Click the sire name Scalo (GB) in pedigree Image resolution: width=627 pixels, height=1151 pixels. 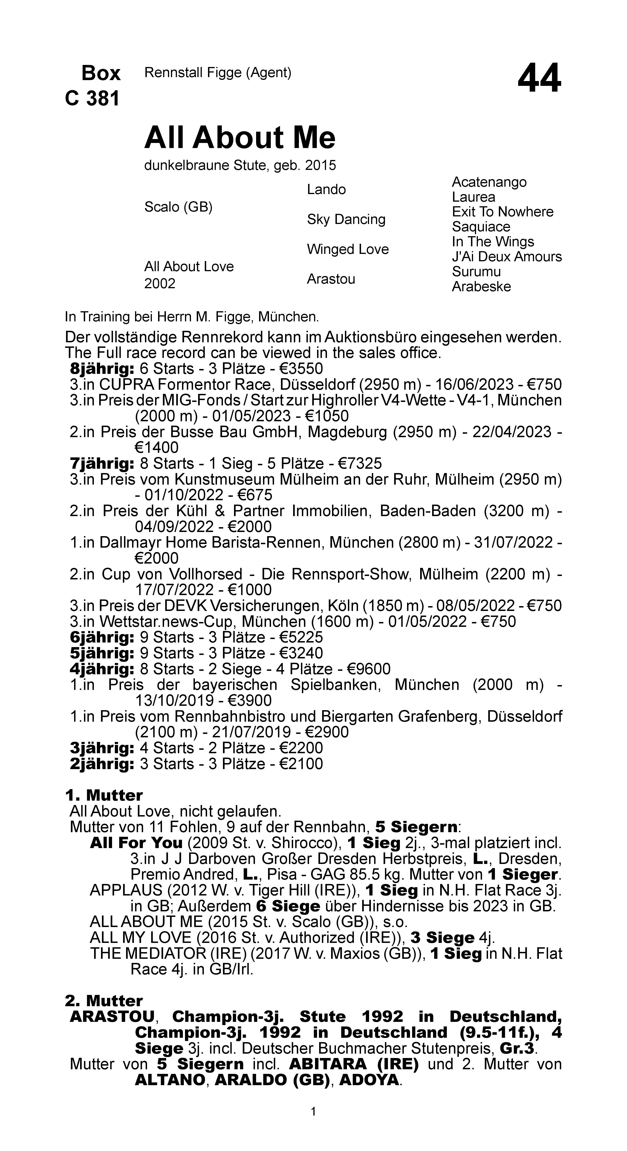[178, 207]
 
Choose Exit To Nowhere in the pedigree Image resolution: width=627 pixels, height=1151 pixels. [502, 212]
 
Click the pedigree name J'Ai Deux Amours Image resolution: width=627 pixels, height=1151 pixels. [506, 257]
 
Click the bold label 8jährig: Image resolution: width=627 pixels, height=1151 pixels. [102, 369]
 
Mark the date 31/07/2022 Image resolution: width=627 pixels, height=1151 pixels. [516, 542]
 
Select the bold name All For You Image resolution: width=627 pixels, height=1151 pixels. [136, 843]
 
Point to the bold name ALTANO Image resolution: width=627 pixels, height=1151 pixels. [170, 1080]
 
